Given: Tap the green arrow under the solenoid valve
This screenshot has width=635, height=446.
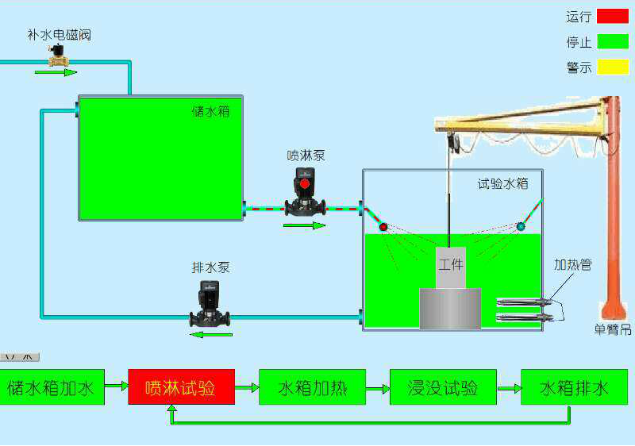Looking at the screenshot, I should pyautogui.click(x=56, y=72).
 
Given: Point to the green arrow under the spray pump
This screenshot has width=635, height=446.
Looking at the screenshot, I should pyautogui.click(x=305, y=225).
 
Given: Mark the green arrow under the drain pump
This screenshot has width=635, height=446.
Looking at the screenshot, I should pyautogui.click(x=210, y=334).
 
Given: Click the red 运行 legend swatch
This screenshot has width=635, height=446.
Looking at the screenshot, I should pyautogui.click(x=612, y=15).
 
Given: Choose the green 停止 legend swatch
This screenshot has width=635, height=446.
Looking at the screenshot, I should pyautogui.click(x=612, y=41).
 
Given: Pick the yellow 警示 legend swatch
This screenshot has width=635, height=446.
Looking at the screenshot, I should pyautogui.click(x=612, y=67).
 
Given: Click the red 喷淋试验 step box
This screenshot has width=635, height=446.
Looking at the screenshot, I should pyautogui.click(x=181, y=387).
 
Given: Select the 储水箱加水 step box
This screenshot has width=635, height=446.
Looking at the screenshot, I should pyautogui.click(x=51, y=387).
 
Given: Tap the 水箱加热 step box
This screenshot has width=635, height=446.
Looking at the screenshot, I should pyautogui.click(x=312, y=387).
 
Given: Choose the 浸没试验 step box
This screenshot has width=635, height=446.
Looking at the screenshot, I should pyautogui.click(x=443, y=387).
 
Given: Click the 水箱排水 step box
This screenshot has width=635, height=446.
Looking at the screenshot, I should pyautogui.click(x=574, y=387).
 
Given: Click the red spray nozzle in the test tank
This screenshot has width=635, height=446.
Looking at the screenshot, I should pyautogui.click(x=383, y=227).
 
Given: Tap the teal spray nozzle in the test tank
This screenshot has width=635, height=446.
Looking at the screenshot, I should pyautogui.click(x=521, y=226).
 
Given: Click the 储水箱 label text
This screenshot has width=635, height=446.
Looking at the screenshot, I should pyautogui.click(x=210, y=111).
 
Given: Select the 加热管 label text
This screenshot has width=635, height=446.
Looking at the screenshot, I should pyautogui.click(x=572, y=264).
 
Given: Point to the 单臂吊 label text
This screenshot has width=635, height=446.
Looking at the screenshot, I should pyautogui.click(x=612, y=329).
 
